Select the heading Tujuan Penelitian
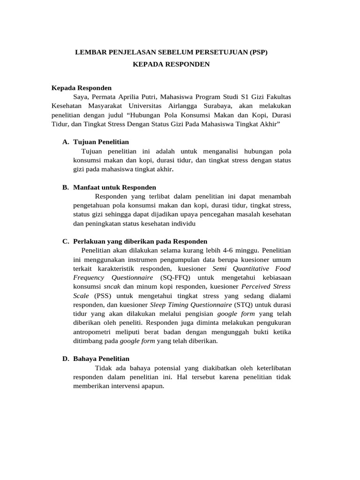(x=101, y=142)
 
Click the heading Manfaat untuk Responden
(x=115, y=187)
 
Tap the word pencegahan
(x=230, y=214)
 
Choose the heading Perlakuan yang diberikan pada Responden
(x=140, y=241)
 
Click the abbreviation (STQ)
(x=244, y=304)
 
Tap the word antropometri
(x=93, y=331)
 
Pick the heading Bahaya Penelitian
(x=101, y=359)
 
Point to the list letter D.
(x=66, y=359)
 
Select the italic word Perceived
(x=256, y=286)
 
